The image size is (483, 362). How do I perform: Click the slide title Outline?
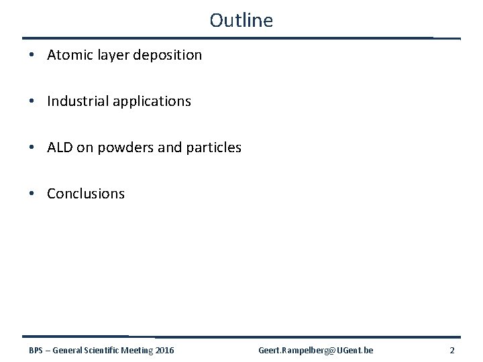pyautogui.click(x=241, y=20)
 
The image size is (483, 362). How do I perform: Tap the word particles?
pyautogui.click(x=213, y=147)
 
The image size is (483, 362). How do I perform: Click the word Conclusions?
pyautogui.click(x=86, y=194)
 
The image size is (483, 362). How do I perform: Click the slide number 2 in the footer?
pyautogui.click(x=452, y=350)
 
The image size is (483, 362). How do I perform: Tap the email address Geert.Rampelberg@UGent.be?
pyautogui.click(x=316, y=350)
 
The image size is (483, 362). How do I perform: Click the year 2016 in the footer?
pyautogui.click(x=164, y=350)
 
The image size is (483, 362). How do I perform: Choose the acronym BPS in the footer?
pyautogui.click(x=37, y=350)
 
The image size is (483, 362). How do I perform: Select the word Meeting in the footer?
pyautogui.click(x=138, y=350)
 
